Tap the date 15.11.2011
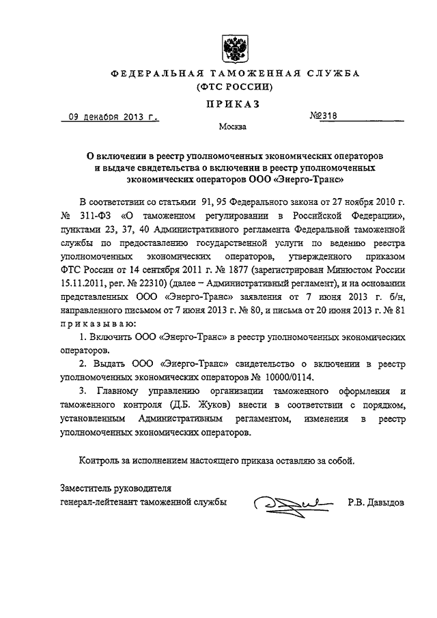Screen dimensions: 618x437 point(83,282)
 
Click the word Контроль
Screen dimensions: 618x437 point(100,460)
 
